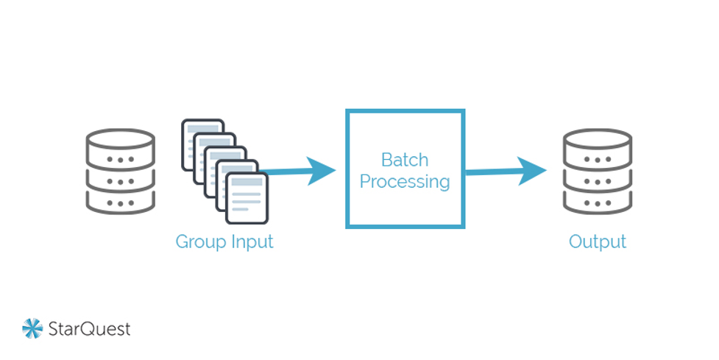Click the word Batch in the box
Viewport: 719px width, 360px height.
(404, 160)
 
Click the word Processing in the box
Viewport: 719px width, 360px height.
(404, 182)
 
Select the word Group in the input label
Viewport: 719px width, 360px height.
(200, 241)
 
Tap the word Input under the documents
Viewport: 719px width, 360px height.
(252, 241)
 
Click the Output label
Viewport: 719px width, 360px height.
(597, 241)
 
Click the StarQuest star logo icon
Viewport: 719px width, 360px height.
(32, 328)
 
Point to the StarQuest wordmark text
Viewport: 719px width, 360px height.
(89, 328)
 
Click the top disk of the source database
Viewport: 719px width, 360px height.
(121, 141)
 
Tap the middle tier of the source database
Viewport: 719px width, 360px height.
(121, 180)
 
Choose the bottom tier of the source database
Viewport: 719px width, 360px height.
(121, 201)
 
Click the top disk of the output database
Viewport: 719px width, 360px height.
(597, 141)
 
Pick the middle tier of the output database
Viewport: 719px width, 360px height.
(597, 180)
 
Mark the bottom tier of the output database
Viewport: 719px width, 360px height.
(597, 201)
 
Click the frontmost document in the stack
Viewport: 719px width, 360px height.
(247, 199)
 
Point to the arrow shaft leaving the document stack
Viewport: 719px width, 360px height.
(287, 172)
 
